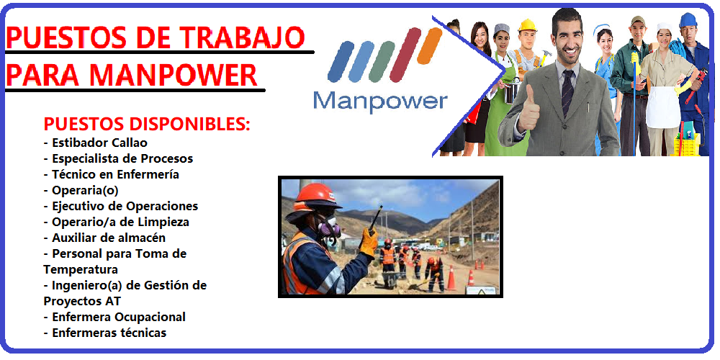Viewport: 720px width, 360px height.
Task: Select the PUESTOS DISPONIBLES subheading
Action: coord(147,124)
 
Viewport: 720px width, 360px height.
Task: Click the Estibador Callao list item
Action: coord(96,143)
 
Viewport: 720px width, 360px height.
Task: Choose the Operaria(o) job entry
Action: coord(81,191)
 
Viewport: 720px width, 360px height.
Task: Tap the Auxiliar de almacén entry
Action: coord(104,238)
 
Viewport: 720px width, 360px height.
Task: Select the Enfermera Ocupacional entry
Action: coord(114,317)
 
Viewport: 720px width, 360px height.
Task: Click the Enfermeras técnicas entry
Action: coord(104,333)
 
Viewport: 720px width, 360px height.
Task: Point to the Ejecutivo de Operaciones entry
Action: coord(121,206)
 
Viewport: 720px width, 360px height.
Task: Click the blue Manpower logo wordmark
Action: coord(380,102)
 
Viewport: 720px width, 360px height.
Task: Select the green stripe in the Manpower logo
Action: coord(381,62)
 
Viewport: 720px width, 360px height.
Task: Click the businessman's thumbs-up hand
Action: coord(528,109)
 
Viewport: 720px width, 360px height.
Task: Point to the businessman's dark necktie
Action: coord(568,93)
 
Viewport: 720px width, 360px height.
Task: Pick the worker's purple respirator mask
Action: coord(329,227)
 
